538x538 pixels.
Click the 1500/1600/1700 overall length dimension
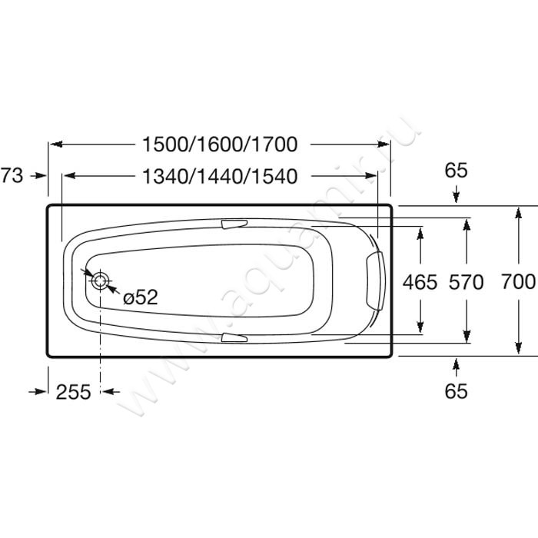click(220, 144)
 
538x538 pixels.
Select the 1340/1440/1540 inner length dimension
click(220, 176)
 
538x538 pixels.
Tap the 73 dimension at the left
click(12, 175)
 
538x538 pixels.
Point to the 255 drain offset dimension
click(74, 391)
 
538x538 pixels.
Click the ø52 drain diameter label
click(141, 297)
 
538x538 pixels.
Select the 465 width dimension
click(420, 282)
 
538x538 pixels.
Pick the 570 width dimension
click(467, 282)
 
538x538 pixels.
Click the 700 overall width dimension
click(518, 282)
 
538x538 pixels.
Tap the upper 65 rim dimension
click(456, 170)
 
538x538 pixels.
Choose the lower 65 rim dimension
click(456, 390)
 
